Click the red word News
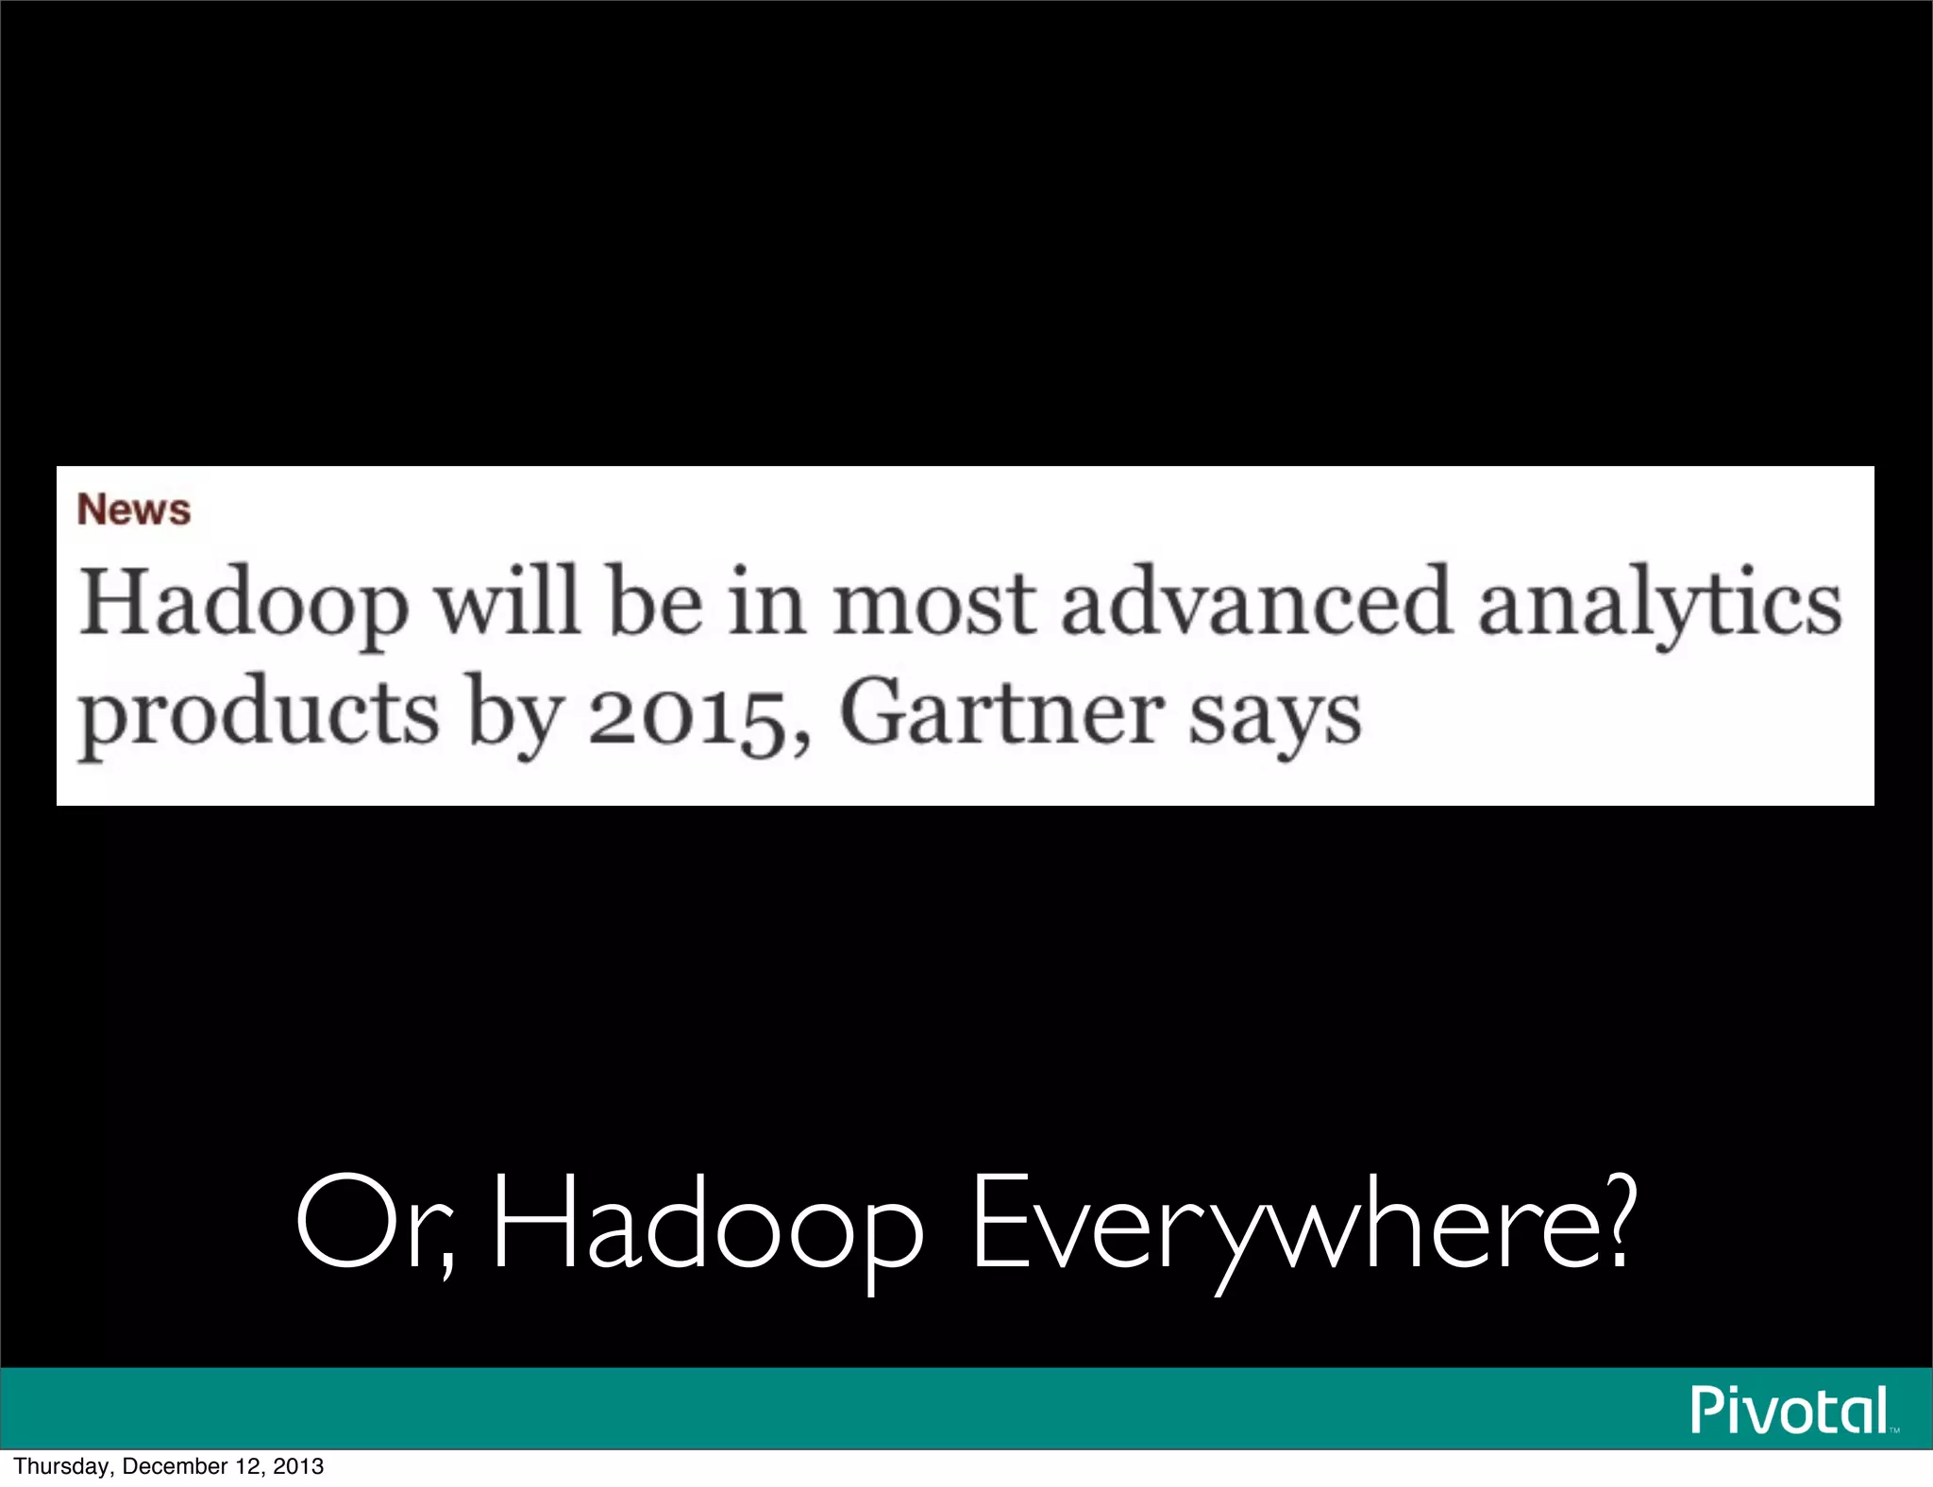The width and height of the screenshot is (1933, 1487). (x=134, y=510)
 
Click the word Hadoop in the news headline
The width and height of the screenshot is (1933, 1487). (x=244, y=604)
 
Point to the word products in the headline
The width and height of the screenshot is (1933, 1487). (x=259, y=715)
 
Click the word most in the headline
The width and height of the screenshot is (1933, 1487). (x=934, y=604)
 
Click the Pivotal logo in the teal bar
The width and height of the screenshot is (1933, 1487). (x=1790, y=1410)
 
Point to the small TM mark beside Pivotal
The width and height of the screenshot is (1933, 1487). (x=1894, y=1430)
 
